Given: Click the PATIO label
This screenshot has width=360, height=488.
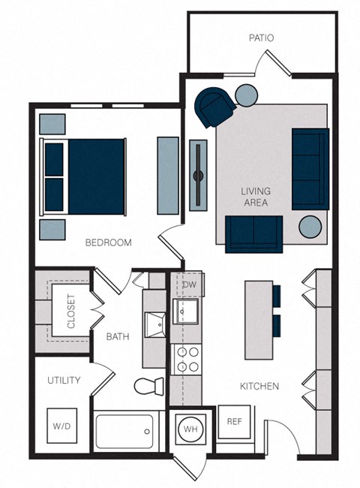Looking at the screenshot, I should [262, 38].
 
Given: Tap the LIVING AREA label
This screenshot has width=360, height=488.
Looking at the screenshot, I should [255, 197].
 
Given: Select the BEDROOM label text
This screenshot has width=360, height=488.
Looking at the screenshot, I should [108, 242].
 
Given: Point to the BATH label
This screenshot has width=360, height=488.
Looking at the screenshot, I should [117, 337].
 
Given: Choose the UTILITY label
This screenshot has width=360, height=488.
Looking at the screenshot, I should [64, 381].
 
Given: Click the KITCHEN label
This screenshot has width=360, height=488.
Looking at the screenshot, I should [259, 386].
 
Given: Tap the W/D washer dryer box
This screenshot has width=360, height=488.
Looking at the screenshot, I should [62, 426].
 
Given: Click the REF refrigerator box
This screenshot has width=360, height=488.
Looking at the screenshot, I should [234, 422].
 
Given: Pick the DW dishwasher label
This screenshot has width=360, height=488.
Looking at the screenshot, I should [189, 285].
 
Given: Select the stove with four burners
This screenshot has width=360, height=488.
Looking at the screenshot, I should [185, 359].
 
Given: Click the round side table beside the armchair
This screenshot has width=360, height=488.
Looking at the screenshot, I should [247, 95].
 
